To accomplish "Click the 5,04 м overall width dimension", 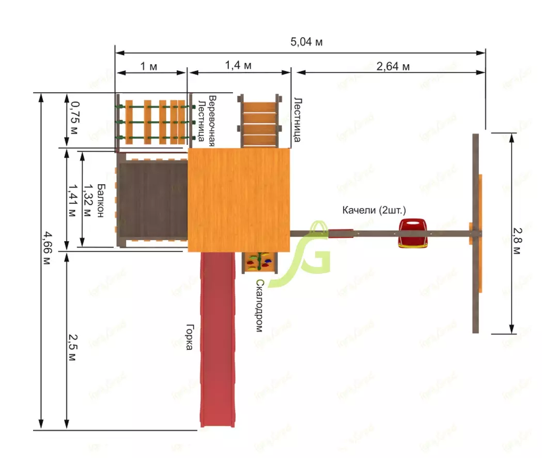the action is coord(306,42).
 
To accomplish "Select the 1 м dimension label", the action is coord(149,66).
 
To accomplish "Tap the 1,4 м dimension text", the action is coord(238,66).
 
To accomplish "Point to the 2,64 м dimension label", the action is coord(393,66).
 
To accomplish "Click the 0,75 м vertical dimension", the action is coord(74,118).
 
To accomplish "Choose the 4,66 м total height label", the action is coord(47,248).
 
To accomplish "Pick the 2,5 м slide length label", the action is coord(72,347).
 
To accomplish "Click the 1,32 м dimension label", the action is coord(87,200).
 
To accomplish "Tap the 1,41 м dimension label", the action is coord(72,201).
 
